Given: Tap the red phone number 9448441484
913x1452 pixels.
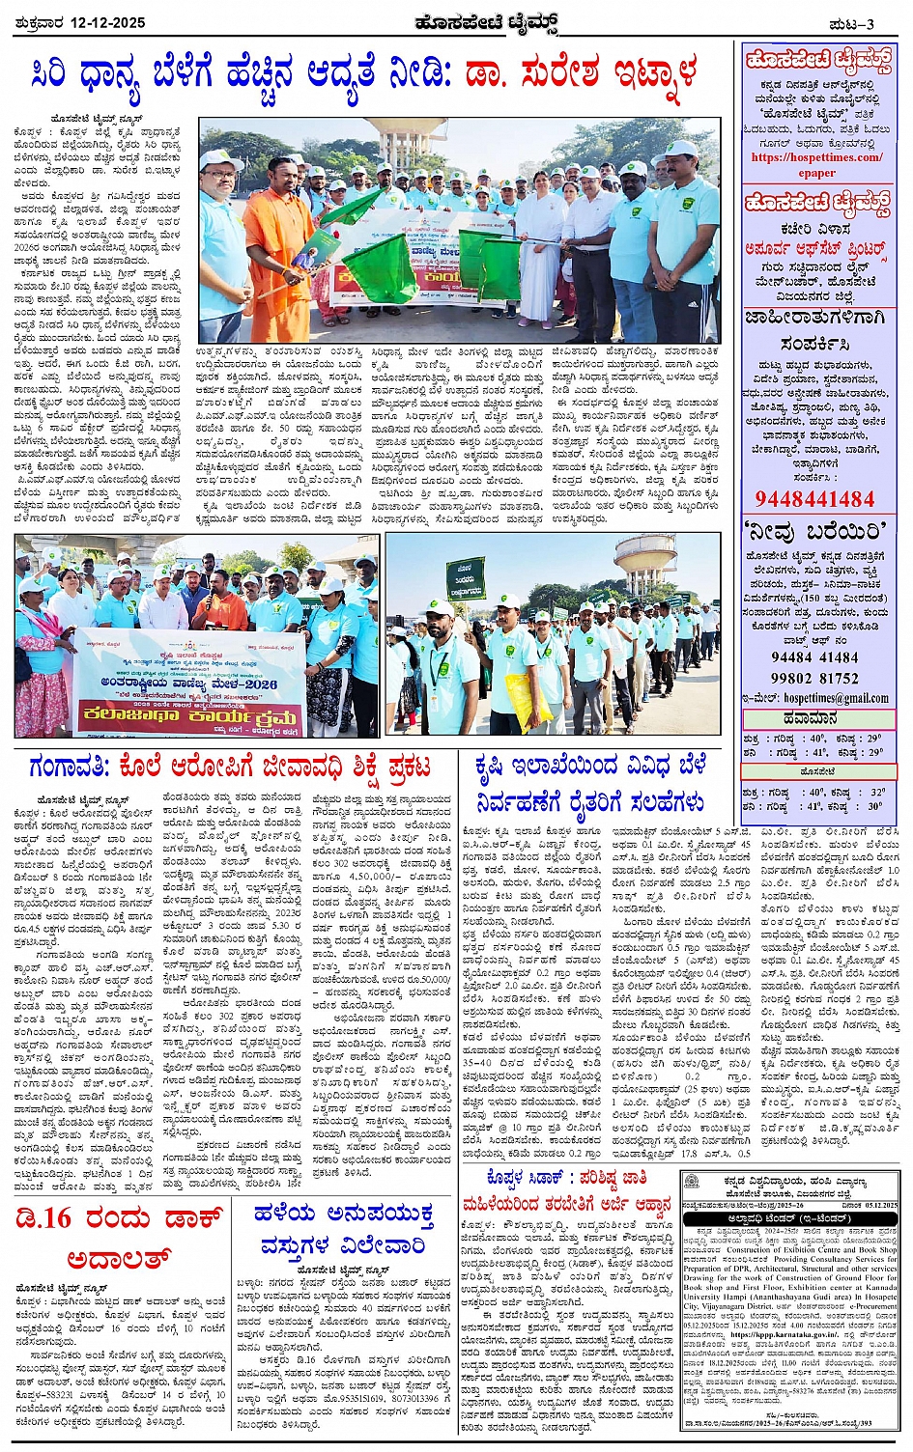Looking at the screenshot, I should pos(815,499).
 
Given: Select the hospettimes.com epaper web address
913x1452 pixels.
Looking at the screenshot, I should pos(816,164).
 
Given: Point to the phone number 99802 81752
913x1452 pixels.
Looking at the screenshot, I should pos(814,678).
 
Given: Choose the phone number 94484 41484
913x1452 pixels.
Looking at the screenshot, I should pos(814,656).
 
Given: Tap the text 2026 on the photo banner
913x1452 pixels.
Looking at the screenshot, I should pos(256,684).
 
